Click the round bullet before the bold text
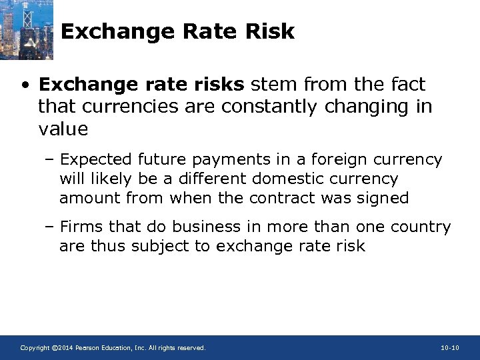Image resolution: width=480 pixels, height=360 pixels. click(25, 85)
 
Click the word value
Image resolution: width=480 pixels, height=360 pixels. click(63, 129)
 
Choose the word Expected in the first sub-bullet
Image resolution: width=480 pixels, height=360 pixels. click(97, 160)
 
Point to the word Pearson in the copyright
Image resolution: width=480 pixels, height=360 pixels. click(88, 348)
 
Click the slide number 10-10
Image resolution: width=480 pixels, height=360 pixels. click(450, 348)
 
